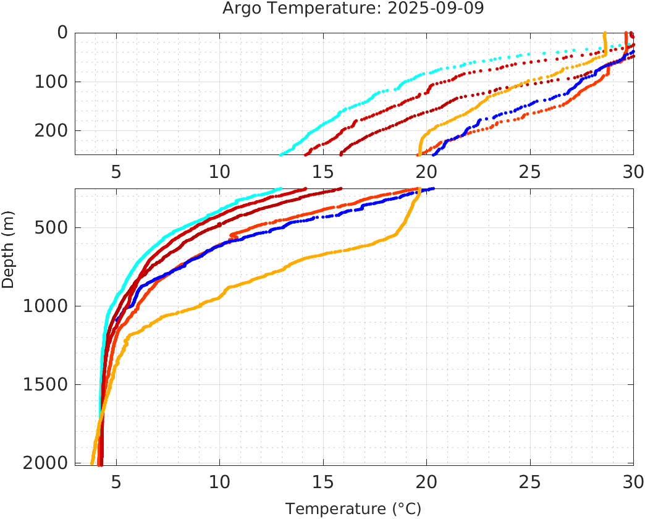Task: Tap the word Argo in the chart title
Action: [243, 9]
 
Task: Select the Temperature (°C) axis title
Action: [353, 509]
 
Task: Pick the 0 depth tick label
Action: [62, 33]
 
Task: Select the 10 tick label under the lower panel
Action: [219, 481]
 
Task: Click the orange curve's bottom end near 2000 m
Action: [92, 463]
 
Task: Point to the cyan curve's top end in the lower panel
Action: [280, 189]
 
